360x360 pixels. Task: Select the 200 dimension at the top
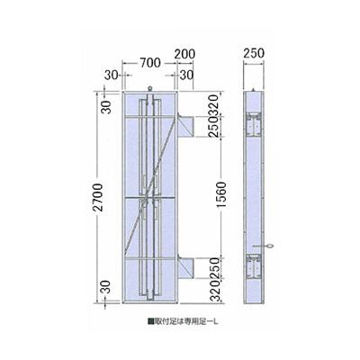click(x=185, y=54)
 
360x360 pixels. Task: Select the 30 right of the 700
click(x=186, y=75)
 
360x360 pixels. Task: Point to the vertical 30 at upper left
click(x=106, y=106)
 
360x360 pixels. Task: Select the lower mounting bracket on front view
click(x=186, y=267)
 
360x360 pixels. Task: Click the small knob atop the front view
click(x=148, y=87)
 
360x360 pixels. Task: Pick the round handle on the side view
click(x=270, y=246)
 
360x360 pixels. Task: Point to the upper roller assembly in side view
click(x=256, y=124)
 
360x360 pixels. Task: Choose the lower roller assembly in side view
click(x=256, y=266)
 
